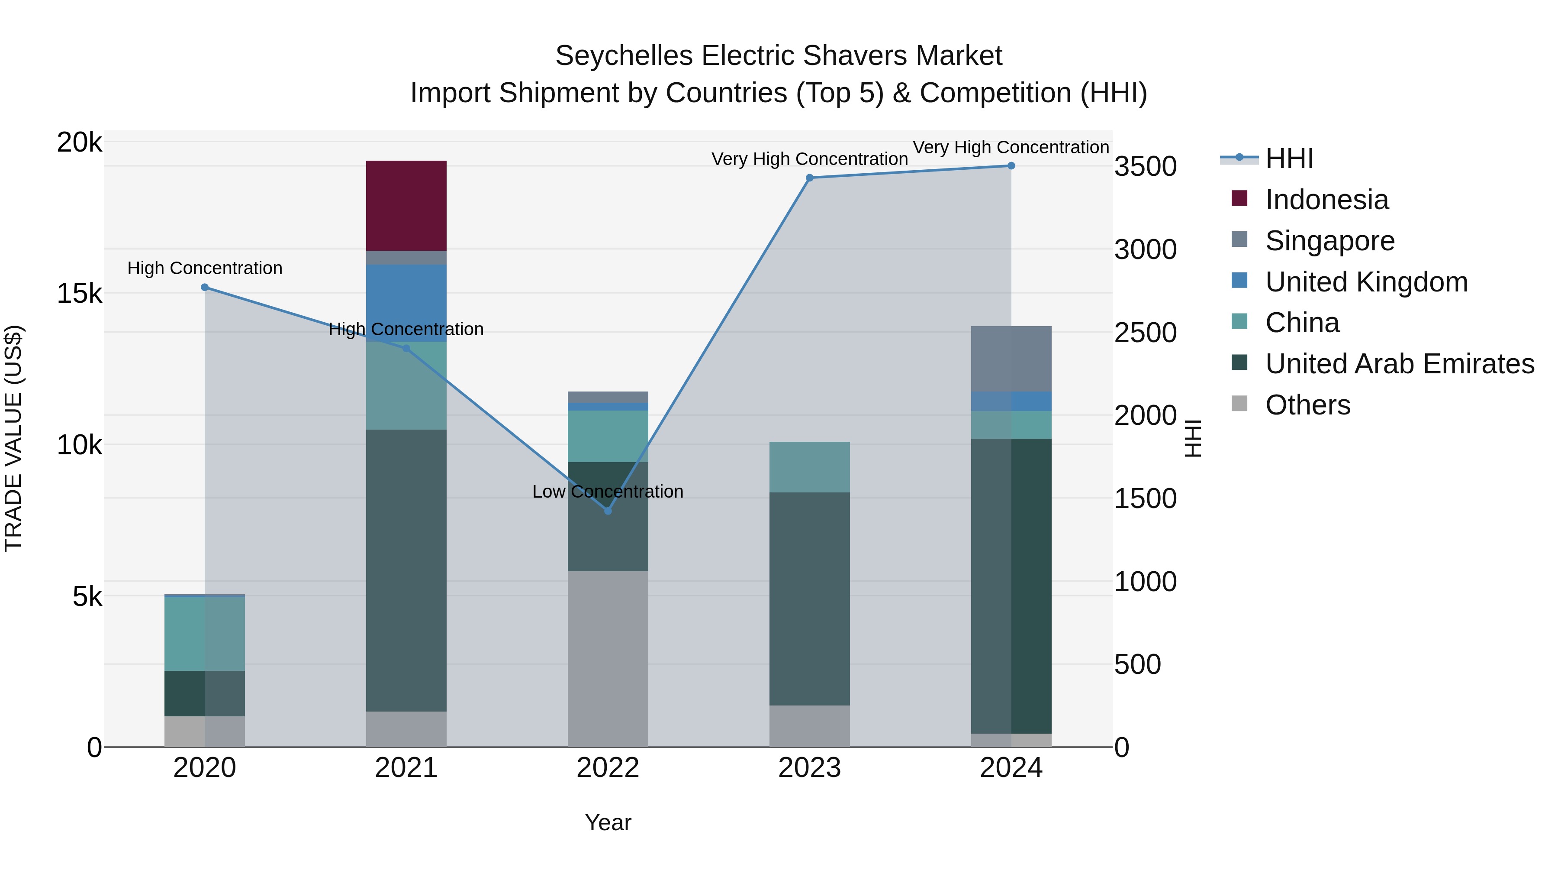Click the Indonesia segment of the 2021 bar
click(406, 206)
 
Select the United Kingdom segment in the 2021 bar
click(406, 303)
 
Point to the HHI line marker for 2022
click(608, 511)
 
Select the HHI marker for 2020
click(204, 288)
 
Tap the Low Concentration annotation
click(608, 492)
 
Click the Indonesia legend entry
click(1326, 200)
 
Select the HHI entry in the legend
click(1289, 159)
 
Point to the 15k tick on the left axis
click(79, 294)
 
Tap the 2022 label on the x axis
click(608, 768)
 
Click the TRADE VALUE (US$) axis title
click(13, 438)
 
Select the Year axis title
click(608, 822)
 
